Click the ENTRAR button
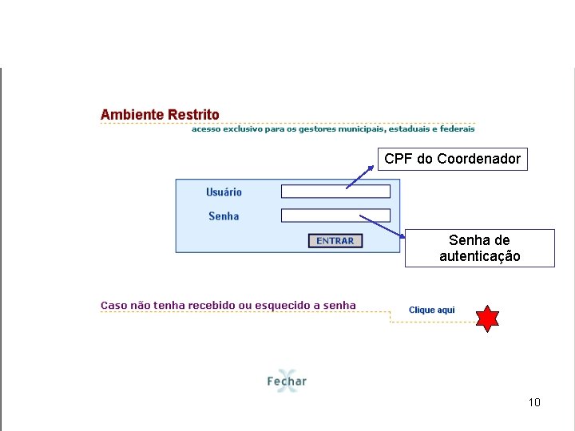click(x=335, y=240)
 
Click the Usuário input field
click(x=335, y=192)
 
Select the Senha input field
click(x=335, y=215)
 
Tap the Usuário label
click(x=224, y=192)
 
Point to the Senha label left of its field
click(x=224, y=216)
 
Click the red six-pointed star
click(x=487, y=318)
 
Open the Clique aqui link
click(x=431, y=310)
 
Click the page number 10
click(x=534, y=402)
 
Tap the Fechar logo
click(x=287, y=380)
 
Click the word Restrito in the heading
click(x=193, y=115)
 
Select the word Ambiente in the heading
click(x=132, y=115)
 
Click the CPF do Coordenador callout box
click(x=452, y=159)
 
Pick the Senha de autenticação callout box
click(x=479, y=248)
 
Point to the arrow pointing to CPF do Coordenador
click(x=360, y=176)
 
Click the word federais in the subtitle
click(x=458, y=129)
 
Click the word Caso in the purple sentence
click(x=114, y=306)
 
